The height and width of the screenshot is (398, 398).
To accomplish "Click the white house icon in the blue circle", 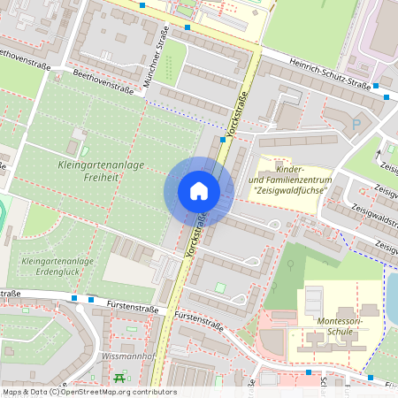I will coord(198,190).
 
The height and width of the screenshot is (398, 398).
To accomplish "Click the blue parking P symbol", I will coord(356,125).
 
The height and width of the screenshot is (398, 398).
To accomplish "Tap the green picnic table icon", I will coord(119,379).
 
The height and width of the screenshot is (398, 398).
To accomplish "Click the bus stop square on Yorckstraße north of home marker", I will coord(222,139).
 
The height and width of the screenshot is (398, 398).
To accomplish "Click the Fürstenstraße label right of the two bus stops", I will coord(132,304).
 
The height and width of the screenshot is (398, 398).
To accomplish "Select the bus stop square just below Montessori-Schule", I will coord(308,372).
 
